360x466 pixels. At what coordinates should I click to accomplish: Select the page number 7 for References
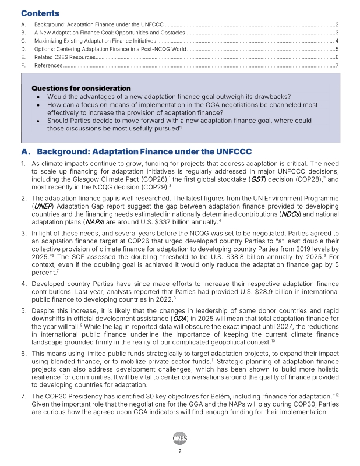337,66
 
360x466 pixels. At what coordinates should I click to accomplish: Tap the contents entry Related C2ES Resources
65,57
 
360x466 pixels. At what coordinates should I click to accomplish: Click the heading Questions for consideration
81,88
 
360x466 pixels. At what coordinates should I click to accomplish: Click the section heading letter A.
24,152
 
